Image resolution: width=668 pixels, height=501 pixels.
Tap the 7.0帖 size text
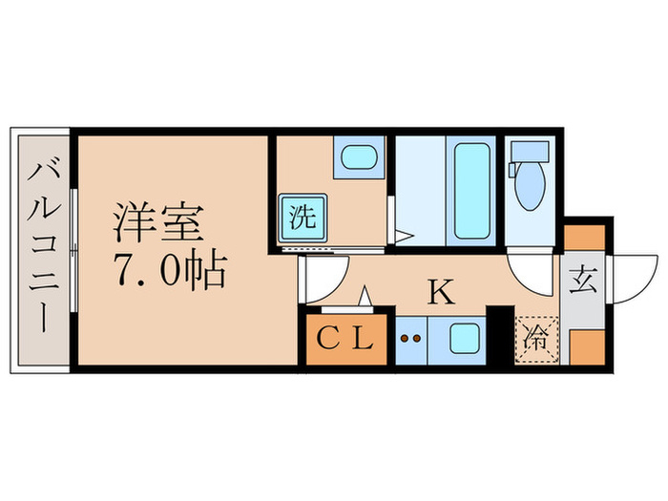point(171,273)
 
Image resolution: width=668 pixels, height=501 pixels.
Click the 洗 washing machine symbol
point(302,215)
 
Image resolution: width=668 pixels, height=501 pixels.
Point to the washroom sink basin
point(358,156)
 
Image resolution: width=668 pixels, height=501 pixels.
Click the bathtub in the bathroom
point(470,191)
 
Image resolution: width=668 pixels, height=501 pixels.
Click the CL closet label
point(345,338)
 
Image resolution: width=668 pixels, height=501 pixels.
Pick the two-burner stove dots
point(410,338)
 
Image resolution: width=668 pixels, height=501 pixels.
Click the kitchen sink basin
point(464,339)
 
